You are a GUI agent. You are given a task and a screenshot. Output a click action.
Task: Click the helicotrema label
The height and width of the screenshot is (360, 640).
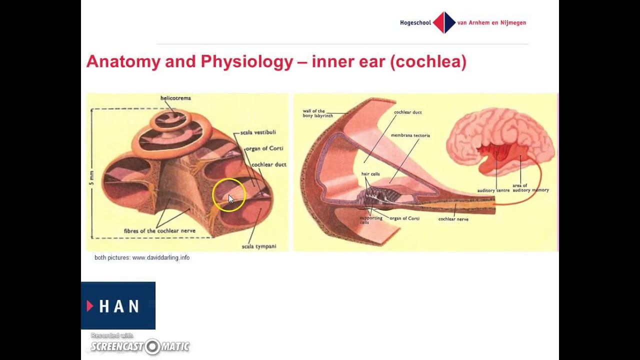(175, 98)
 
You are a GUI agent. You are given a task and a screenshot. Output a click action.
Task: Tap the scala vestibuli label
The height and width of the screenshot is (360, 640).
(258, 132)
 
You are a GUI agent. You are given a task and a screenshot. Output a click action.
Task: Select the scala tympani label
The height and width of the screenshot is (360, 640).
(258, 246)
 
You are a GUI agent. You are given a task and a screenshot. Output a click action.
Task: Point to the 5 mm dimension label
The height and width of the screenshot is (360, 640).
(91, 177)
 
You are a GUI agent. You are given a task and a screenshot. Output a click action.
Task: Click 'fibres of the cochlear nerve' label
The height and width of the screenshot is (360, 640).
(159, 231)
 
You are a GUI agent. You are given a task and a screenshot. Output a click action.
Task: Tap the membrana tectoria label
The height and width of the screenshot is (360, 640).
(410, 135)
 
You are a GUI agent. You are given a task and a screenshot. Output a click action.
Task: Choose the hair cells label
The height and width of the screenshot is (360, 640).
(370, 174)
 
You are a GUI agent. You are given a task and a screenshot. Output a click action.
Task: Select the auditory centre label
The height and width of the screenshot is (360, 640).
(493, 190)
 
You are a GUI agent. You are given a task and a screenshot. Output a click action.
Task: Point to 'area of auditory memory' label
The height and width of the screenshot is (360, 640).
(530, 188)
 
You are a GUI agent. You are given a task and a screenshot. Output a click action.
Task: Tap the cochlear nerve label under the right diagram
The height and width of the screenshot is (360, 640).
(453, 219)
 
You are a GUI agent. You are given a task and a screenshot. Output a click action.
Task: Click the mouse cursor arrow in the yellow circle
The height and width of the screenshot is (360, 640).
(230, 198)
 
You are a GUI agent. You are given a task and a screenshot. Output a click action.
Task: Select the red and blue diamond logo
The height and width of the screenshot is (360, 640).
(444, 22)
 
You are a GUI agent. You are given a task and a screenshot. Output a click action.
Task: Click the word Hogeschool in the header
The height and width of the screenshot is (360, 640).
(415, 22)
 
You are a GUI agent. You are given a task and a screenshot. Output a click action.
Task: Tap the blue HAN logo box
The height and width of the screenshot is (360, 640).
(118, 305)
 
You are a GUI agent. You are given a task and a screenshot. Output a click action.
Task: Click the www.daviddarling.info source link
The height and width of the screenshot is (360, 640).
(160, 257)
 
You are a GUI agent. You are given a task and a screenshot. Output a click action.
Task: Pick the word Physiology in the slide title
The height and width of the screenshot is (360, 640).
(247, 61)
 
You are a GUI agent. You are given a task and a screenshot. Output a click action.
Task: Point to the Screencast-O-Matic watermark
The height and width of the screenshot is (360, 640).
(140, 346)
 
